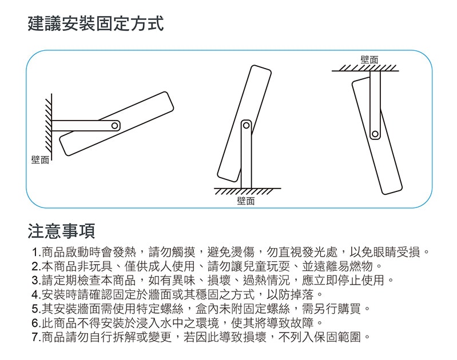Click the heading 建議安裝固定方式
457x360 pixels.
pyautogui.click(x=96, y=24)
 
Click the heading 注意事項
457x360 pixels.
pyautogui.click(x=61, y=231)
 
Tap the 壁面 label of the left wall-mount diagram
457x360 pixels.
pyautogui.click(x=41, y=159)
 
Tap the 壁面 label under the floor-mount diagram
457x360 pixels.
pyautogui.click(x=246, y=201)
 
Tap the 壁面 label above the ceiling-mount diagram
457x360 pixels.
pyautogui.click(x=369, y=59)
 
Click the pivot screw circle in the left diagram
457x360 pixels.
pyautogui.click(x=115, y=125)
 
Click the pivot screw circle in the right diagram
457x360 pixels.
pyautogui.click(x=375, y=134)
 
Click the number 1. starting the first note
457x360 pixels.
pyautogui.click(x=37, y=253)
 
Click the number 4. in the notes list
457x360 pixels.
pyautogui.click(x=37, y=295)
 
